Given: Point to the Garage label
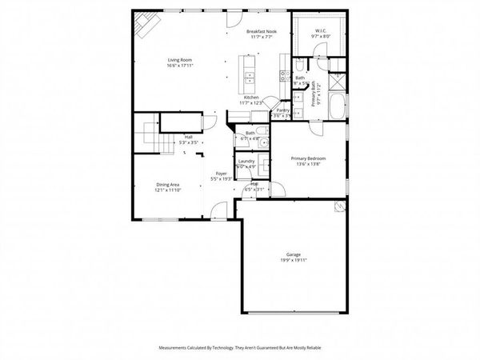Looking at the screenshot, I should (294, 254).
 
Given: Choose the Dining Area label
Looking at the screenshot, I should (167, 185).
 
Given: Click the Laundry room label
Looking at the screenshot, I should (246, 162).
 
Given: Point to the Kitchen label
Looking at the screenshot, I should (251, 97).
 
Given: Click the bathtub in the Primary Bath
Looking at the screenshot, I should (338, 105).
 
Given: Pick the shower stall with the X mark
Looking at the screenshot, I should (337, 81).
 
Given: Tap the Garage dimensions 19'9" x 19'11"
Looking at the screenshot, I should (294, 261).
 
